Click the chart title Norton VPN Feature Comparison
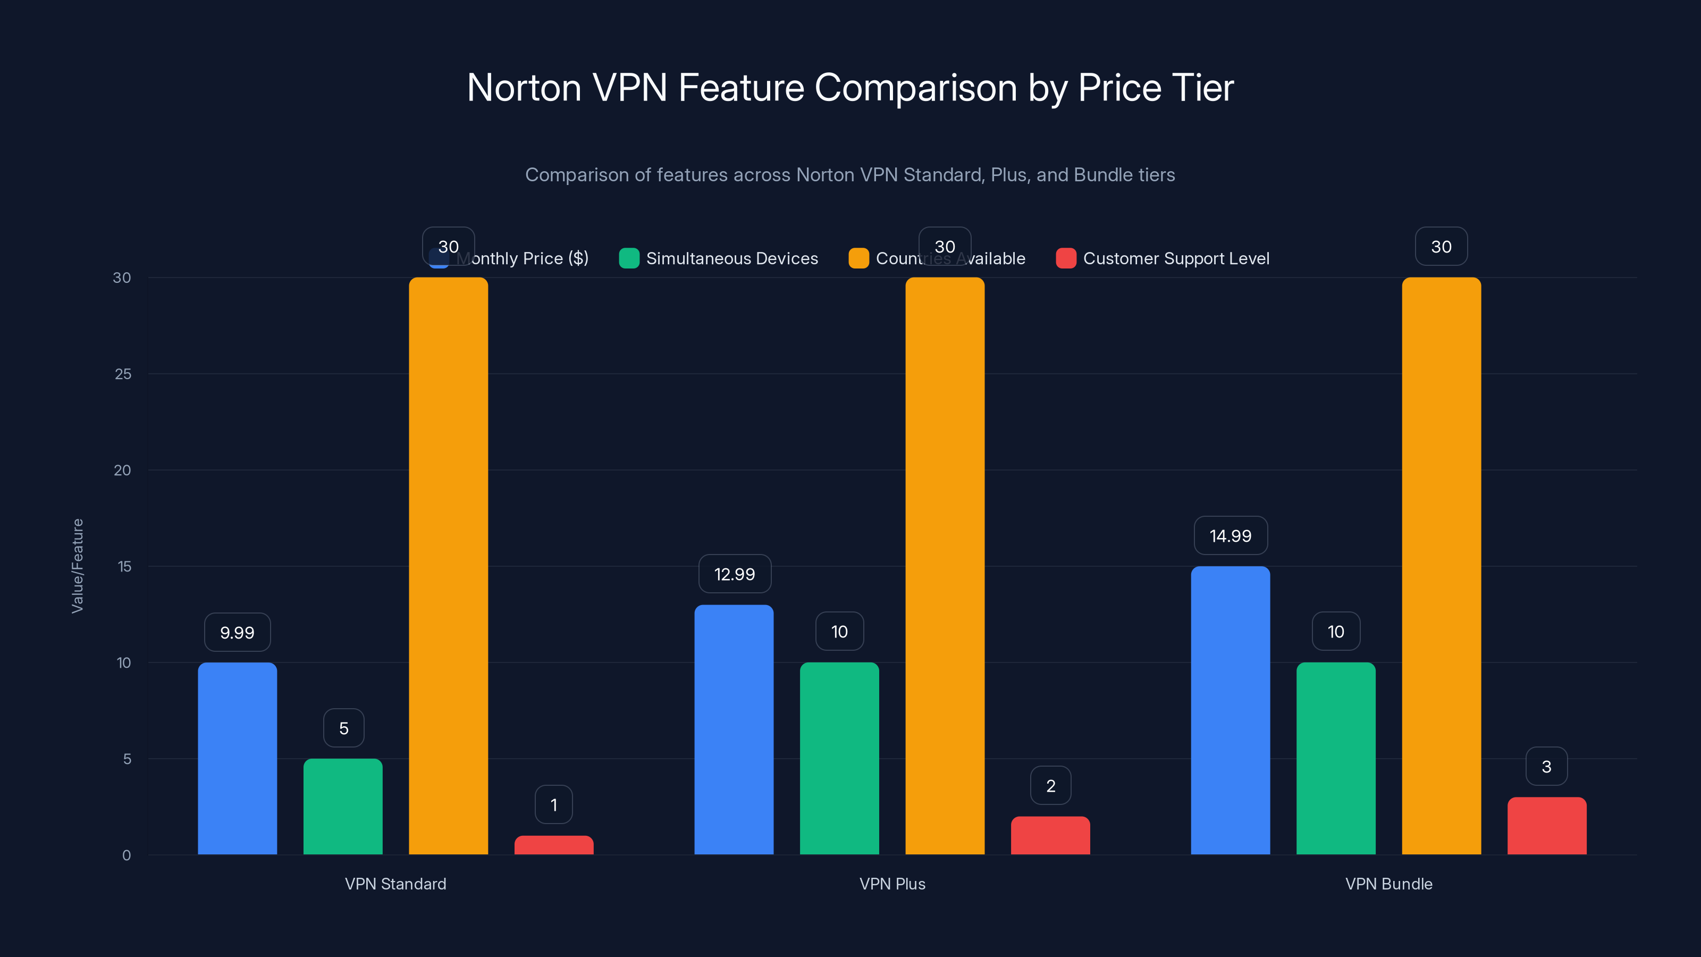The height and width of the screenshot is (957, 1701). (x=850, y=88)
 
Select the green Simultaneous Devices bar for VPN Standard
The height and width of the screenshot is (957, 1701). (x=343, y=807)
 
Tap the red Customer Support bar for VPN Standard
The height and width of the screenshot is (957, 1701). (x=553, y=845)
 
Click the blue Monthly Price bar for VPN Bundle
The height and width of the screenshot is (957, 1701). (x=1230, y=710)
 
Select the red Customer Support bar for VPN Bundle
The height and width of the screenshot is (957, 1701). (x=1546, y=826)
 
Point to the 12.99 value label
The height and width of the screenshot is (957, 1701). (x=734, y=574)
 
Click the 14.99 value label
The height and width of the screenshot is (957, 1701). (x=1230, y=535)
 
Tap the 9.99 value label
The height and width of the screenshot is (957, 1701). (x=237, y=633)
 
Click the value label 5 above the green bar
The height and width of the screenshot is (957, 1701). (x=343, y=728)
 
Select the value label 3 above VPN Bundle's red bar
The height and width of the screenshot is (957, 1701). (x=1546, y=766)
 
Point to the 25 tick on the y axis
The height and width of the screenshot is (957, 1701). (x=123, y=374)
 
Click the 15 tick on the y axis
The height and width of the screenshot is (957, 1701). (x=123, y=566)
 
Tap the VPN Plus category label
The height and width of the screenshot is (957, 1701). (x=892, y=884)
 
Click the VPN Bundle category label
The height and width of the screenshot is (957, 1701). (x=1388, y=884)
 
